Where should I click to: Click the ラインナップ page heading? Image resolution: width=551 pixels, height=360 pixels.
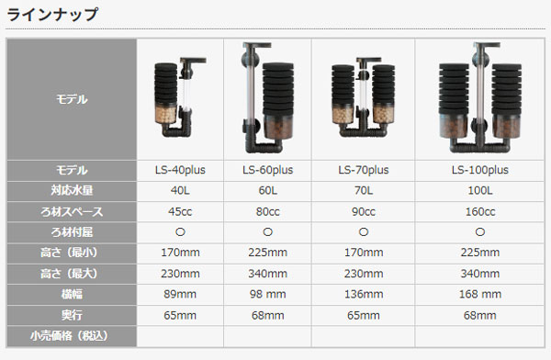(x=52, y=15)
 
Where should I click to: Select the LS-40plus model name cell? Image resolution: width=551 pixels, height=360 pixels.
(x=180, y=170)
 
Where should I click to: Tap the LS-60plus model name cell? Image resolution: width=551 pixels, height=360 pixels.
(x=267, y=170)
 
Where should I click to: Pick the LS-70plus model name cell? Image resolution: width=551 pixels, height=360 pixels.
(x=364, y=170)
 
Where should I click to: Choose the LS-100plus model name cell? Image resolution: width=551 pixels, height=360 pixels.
(x=480, y=170)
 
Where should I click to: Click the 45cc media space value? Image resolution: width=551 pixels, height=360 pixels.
(x=180, y=211)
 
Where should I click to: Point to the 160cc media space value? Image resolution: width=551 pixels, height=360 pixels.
(x=480, y=211)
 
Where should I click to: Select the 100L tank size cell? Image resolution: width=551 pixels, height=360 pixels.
(x=480, y=190)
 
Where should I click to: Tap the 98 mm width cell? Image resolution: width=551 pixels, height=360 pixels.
(x=267, y=294)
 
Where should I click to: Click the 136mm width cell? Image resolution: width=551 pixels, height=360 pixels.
(x=364, y=294)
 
